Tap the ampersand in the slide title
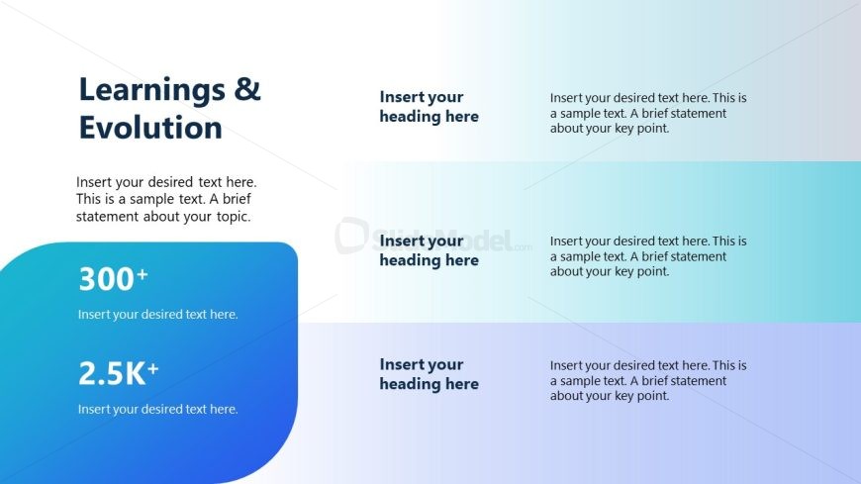pyautogui.click(x=247, y=89)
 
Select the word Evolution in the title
pyautogui.click(x=150, y=128)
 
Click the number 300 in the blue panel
pyautogui.click(x=106, y=278)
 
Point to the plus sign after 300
pyautogui.click(x=143, y=273)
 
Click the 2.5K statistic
pyautogui.click(x=112, y=373)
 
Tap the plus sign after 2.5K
pyautogui.click(x=152, y=368)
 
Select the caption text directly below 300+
pyautogui.click(x=157, y=314)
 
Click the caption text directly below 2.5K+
pyautogui.click(x=157, y=410)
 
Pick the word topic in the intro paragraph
pyautogui.click(x=234, y=217)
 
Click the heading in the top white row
pyautogui.click(x=429, y=107)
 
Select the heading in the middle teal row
pyautogui.click(x=429, y=250)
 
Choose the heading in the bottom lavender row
pyautogui.click(x=429, y=374)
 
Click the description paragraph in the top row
pyautogui.click(x=648, y=113)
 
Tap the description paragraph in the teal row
pyautogui.click(x=648, y=256)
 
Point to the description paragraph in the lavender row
pyautogui.click(x=648, y=381)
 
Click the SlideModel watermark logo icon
pyautogui.click(x=351, y=236)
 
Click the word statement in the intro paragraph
pyautogui.click(x=107, y=217)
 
